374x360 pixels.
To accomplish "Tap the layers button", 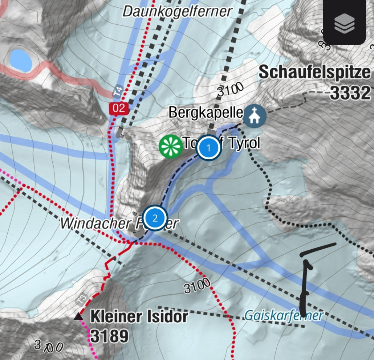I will pyautogui.click(x=344, y=22).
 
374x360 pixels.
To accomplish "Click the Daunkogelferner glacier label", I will pyautogui.click(x=177, y=11).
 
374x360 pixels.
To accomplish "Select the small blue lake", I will pyautogui.click(x=21, y=60).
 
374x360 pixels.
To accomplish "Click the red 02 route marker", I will pyautogui.click(x=119, y=108).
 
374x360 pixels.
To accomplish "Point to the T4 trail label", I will pyautogui.click(x=118, y=91).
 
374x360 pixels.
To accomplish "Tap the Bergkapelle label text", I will pyautogui.click(x=206, y=112).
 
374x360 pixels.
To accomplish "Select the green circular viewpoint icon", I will pyautogui.click(x=170, y=146).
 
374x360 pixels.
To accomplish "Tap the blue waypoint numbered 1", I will pyautogui.click(x=208, y=147).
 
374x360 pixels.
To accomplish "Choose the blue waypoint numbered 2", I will pyautogui.click(x=155, y=218).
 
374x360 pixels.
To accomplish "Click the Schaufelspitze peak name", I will pyautogui.click(x=314, y=73).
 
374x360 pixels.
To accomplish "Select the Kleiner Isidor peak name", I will pyautogui.click(x=139, y=317).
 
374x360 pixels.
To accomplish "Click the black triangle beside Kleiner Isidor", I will pyautogui.click(x=78, y=317).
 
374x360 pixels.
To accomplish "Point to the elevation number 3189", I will pyautogui.click(x=109, y=336).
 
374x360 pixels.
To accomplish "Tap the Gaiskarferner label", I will pyautogui.click(x=284, y=315).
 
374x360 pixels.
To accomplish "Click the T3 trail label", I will pyautogui.click(x=82, y=299).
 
